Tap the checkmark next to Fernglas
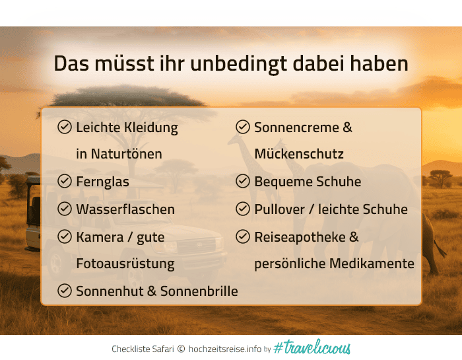pyautogui.click(x=65, y=181)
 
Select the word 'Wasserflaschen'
pyautogui.click(x=125, y=209)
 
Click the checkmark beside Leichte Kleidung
pyautogui.click(x=65, y=127)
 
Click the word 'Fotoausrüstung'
pyautogui.click(x=125, y=264)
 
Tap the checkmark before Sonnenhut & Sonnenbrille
pyautogui.click(x=65, y=290)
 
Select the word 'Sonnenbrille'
pyautogui.click(x=199, y=291)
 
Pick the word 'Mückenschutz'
pyautogui.click(x=298, y=154)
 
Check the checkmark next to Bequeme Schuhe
pyautogui.click(x=243, y=181)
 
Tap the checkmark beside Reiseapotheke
pyautogui.click(x=243, y=236)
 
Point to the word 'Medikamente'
pyautogui.click(x=376, y=264)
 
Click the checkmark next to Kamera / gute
pyautogui.click(x=65, y=236)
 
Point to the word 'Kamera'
pyautogui.click(x=99, y=236)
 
